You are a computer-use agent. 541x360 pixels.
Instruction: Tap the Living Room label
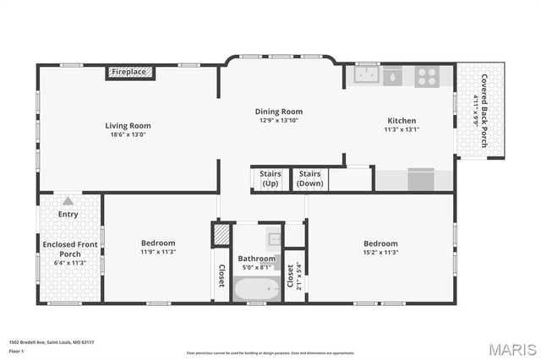(x=128, y=126)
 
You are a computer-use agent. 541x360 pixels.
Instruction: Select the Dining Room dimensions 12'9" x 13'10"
(x=279, y=121)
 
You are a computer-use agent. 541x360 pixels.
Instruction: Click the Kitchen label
(x=402, y=120)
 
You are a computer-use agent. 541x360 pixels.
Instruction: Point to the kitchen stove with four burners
(x=427, y=76)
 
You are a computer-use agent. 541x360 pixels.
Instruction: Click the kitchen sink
(x=367, y=76)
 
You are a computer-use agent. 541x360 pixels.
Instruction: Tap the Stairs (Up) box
(x=270, y=178)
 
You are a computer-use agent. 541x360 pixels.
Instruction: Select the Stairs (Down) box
(x=310, y=178)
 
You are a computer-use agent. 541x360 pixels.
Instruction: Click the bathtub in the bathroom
(x=256, y=289)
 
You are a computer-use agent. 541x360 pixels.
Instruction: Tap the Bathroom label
(x=256, y=259)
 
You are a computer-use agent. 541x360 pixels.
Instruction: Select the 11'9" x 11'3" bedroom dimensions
(x=158, y=252)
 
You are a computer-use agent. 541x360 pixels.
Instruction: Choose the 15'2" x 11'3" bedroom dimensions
(x=380, y=252)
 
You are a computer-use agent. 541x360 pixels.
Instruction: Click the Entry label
(x=68, y=214)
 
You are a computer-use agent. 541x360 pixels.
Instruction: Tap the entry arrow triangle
(x=68, y=201)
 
